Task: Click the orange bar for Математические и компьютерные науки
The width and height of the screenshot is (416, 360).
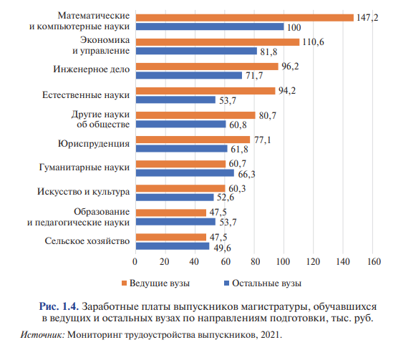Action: [x=243, y=18]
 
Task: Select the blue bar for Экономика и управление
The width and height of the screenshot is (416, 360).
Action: [x=195, y=51]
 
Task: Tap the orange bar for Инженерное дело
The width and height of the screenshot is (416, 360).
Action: [x=206, y=66]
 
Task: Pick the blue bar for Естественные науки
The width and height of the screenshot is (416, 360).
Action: [x=175, y=99]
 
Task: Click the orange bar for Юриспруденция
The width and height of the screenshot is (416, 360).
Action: [x=192, y=139]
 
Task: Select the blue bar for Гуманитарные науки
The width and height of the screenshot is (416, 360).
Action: [x=184, y=172]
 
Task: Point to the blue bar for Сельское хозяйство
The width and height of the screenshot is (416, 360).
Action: [x=172, y=246]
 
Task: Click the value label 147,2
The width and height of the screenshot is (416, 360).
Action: [x=367, y=17]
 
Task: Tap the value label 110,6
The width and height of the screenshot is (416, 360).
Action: [x=313, y=42]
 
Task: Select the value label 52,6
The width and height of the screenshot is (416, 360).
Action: [x=226, y=198]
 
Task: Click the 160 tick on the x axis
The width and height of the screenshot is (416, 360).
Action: [x=373, y=262]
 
